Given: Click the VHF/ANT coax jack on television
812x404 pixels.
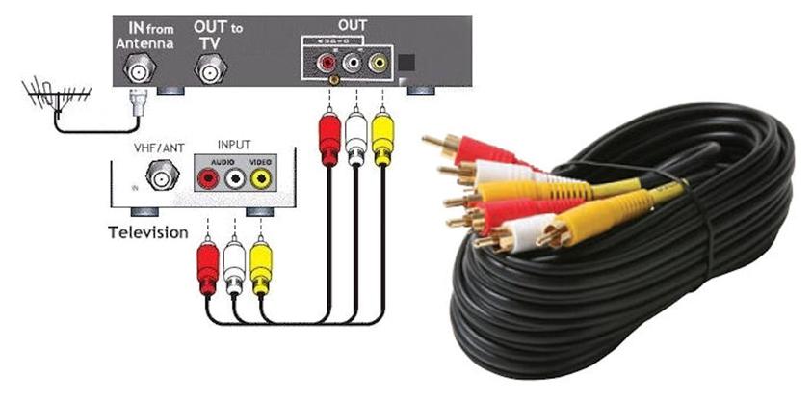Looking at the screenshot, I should pyautogui.click(x=160, y=176).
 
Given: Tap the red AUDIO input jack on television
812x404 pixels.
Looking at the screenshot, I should pyautogui.click(x=207, y=178).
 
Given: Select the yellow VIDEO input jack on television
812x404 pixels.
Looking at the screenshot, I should pyautogui.click(x=258, y=178).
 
